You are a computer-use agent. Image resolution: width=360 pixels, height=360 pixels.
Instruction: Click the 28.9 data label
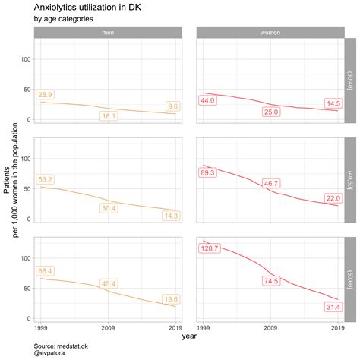tap(45, 94)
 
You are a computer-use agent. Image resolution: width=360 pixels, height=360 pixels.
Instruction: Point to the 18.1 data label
tap(109, 116)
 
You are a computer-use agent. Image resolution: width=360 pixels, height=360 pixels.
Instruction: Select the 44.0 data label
tap(208, 100)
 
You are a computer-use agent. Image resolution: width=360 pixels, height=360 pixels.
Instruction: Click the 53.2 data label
tap(45, 179)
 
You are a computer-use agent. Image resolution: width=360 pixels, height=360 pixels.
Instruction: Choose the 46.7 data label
tap(271, 184)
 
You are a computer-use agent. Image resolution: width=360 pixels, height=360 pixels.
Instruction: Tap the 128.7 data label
tap(210, 248)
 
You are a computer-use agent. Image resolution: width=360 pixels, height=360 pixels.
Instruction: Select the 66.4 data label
tap(45, 271)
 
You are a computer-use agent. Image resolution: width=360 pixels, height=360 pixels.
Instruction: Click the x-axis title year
tap(189, 336)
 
